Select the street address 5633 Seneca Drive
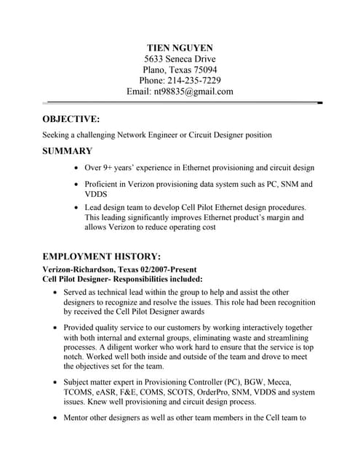(x=180, y=59)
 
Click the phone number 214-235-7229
(x=194, y=81)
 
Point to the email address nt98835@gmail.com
(x=193, y=92)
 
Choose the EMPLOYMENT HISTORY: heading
(x=102, y=256)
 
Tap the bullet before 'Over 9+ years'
(x=78, y=168)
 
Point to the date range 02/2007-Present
(x=172, y=268)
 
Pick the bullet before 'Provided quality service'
(x=56, y=328)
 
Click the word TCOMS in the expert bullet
(x=81, y=392)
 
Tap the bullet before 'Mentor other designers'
(x=56, y=418)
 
